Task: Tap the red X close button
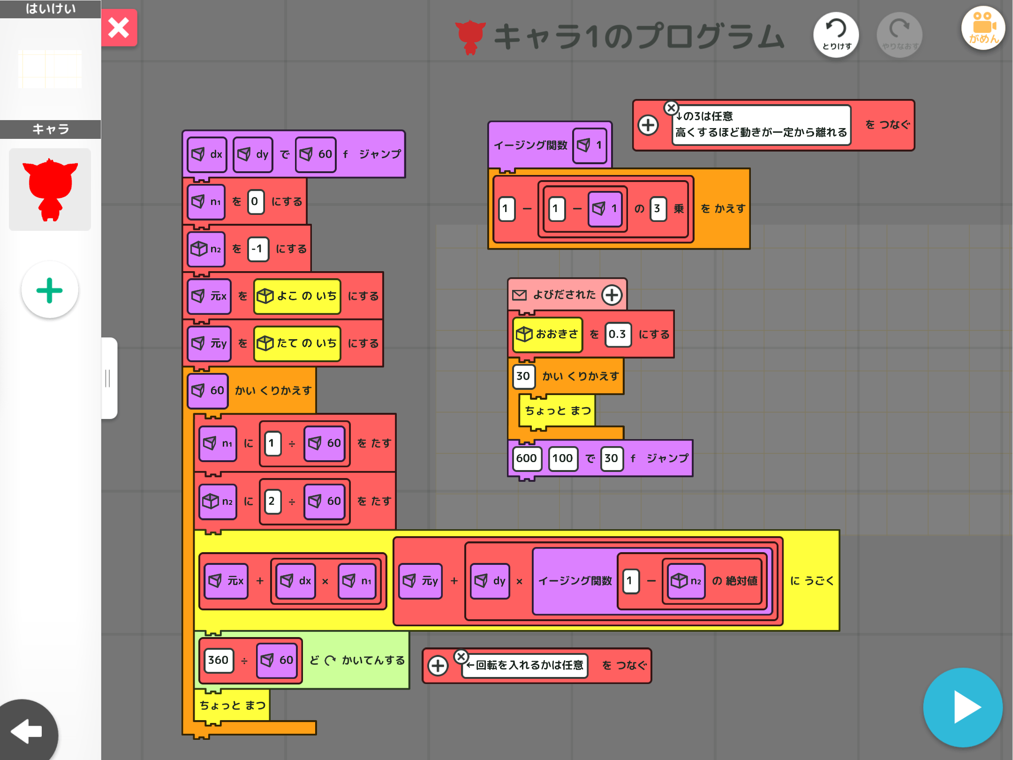click(119, 28)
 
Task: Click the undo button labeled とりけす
click(836, 35)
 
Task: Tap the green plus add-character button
click(50, 290)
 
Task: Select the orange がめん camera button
click(983, 28)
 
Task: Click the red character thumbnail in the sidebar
click(50, 190)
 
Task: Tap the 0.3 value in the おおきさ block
click(618, 334)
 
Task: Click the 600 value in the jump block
click(527, 458)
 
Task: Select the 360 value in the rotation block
click(219, 660)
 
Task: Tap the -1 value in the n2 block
click(258, 249)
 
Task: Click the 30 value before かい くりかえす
click(523, 376)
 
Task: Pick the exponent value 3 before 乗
click(658, 209)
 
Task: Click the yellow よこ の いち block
click(297, 296)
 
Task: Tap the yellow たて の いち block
click(297, 343)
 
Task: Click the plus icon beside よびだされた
click(612, 295)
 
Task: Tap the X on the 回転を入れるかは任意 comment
click(461, 656)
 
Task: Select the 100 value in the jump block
click(563, 458)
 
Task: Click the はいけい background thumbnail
click(50, 69)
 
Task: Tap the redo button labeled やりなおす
click(900, 35)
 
